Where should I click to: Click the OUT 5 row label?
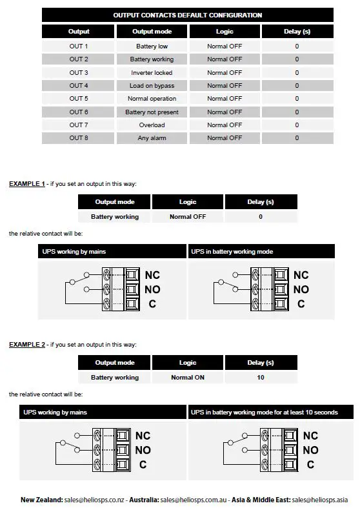click(x=79, y=99)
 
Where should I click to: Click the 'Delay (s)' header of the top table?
click(x=297, y=31)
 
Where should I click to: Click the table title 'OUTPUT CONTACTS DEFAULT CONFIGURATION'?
click(x=187, y=15)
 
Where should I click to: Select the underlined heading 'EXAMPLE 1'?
click(x=26, y=184)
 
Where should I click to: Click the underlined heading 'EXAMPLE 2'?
click(x=26, y=345)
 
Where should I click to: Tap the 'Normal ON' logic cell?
click(x=188, y=378)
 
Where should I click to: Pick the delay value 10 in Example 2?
click(x=261, y=378)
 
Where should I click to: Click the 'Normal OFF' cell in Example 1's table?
click(x=188, y=217)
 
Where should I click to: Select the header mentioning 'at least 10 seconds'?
click(x=264, y=412)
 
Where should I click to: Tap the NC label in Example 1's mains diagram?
click(x=152, y=275)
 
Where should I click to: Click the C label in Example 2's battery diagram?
click(x=310, y=464)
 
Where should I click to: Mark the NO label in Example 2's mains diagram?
click(x=143, y=450)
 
